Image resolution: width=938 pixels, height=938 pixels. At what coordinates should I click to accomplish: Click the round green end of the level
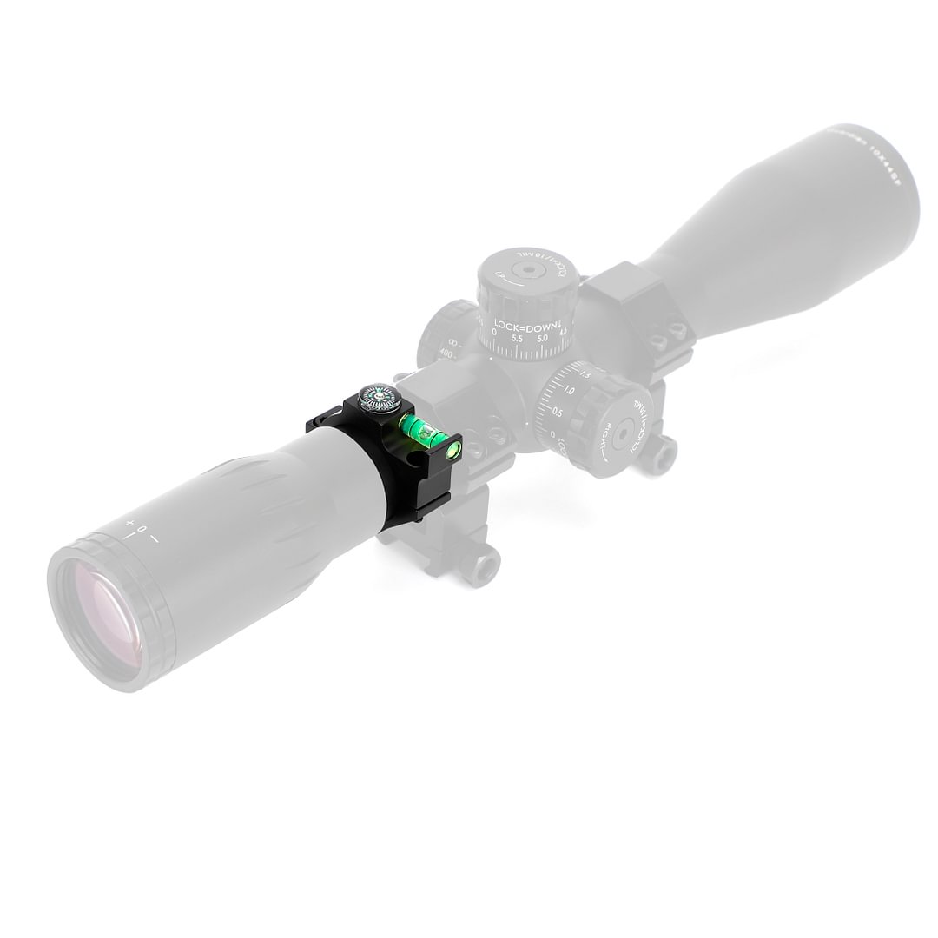(452, 449)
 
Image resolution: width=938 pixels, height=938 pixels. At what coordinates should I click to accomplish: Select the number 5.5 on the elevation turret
(518, 338)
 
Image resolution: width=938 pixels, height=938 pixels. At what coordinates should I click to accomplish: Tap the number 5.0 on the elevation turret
(542, 337)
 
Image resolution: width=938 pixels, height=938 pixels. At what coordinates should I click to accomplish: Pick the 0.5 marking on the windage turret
(557, 412)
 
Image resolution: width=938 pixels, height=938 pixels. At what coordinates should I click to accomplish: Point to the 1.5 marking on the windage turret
(585, 375)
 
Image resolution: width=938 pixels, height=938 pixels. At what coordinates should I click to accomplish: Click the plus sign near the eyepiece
(129, 524)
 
